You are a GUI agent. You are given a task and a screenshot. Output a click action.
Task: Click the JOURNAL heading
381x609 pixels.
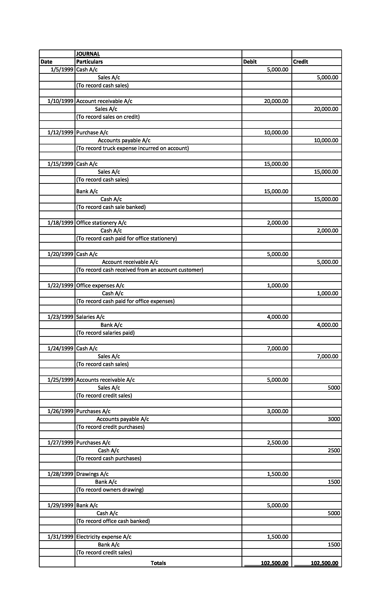point(88,54)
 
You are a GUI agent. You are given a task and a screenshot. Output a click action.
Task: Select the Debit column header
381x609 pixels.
point(250,62)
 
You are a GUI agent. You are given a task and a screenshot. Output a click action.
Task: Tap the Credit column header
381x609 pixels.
point(300,62)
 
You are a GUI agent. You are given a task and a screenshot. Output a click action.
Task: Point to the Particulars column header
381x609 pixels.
point(89,62)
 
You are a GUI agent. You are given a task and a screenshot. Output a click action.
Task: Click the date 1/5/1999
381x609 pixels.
point(62,69)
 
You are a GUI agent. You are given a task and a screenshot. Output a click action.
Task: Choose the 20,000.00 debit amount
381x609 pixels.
point(276,101)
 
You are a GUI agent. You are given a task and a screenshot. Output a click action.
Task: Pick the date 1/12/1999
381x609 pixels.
point(60,132)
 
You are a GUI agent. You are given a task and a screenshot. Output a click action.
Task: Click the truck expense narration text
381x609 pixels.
point(133,148)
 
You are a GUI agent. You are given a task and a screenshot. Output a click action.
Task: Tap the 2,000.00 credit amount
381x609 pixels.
point(327,231)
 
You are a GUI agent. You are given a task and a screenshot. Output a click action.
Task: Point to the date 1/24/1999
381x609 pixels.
point(60,348)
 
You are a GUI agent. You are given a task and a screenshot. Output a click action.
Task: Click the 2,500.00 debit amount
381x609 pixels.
point(277,443)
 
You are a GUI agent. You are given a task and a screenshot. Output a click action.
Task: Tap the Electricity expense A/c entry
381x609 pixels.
point(104,537)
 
